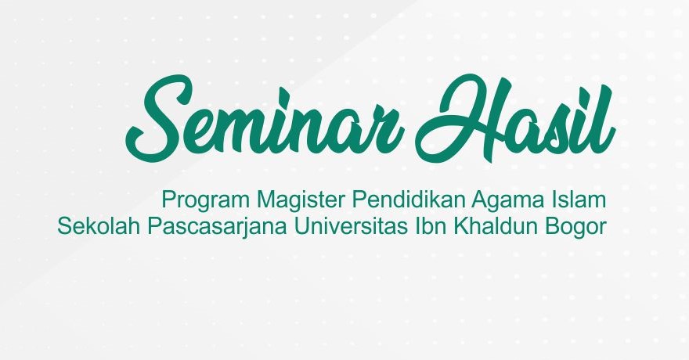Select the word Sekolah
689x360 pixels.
(x=99, y=226)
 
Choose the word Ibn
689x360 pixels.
(x=431, y=226)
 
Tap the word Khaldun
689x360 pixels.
(x=494, y=226)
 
